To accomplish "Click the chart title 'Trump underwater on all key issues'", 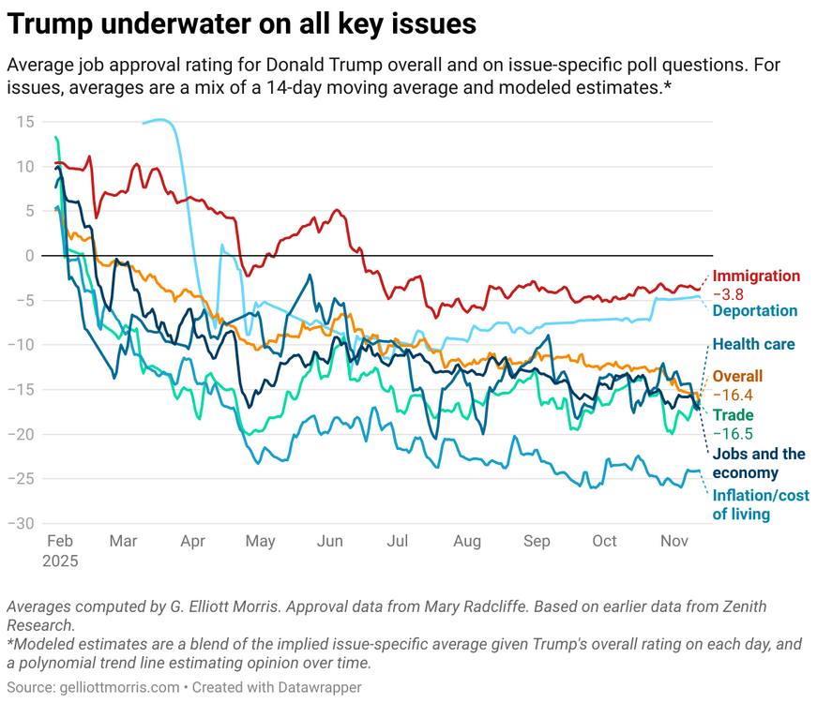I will pyautogui.click(x=242, y=24).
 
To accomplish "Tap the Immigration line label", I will pyautogui.click(x=756, y=277).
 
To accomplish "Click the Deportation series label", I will pyautogui.click(x=755, y=311).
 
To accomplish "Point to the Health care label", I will pyautogui.click(x=753, y=344).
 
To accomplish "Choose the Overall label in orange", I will pyautogui.click(x=737, y=376).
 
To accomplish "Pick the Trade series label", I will pyautogui.click(x=733, y=415).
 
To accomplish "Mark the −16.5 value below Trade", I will pyautogui.click(x=733, y=434).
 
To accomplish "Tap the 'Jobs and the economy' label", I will pyautogui.click(x=759, y=463).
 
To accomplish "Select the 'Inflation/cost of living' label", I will pyautogui.click(x=753, y=504).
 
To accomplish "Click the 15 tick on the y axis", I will pyautogui.click(x=24, y=122).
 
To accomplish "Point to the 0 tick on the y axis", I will pyautogui.click(x=30, y=256).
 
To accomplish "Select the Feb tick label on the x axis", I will pyautogui.click(x=60, y=542).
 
